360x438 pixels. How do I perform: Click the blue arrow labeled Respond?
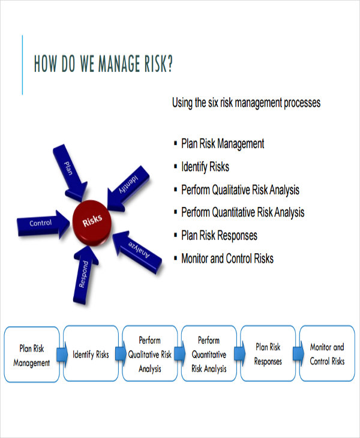tap(83, 273)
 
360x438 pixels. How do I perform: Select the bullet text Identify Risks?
tap(205, 167)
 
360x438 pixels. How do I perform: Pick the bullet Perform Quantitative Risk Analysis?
tap(242, 212)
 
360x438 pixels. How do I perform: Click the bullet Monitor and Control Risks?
tap(227, 259)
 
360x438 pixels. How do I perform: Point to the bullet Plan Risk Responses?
tap(219, 235)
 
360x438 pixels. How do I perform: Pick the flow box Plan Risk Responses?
tap(268, 355)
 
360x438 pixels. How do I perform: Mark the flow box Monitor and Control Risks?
tap(326, 355)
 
